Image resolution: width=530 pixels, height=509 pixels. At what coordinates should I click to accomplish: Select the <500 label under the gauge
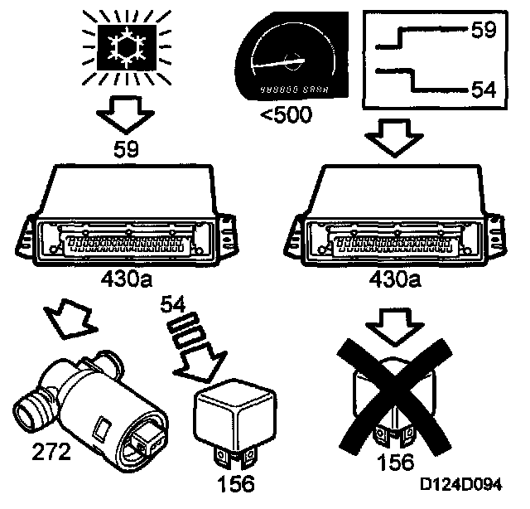point(284,114)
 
